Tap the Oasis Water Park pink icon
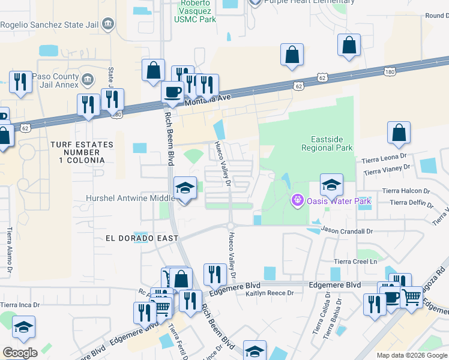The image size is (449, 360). point(295,200)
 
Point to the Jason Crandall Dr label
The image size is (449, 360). point(347,230)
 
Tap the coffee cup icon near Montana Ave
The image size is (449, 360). point(173,92)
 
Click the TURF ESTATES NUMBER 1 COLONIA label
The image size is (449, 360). point(77,152)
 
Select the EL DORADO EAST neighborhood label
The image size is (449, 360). point(142,238)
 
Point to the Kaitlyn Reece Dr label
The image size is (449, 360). point(269,293)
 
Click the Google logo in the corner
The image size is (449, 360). point(20,353)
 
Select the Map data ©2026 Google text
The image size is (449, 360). point(411,355)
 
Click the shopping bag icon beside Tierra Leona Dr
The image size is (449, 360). point(399,134)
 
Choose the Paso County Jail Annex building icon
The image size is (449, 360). point(88,79)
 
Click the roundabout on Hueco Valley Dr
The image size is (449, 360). point(231,226)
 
